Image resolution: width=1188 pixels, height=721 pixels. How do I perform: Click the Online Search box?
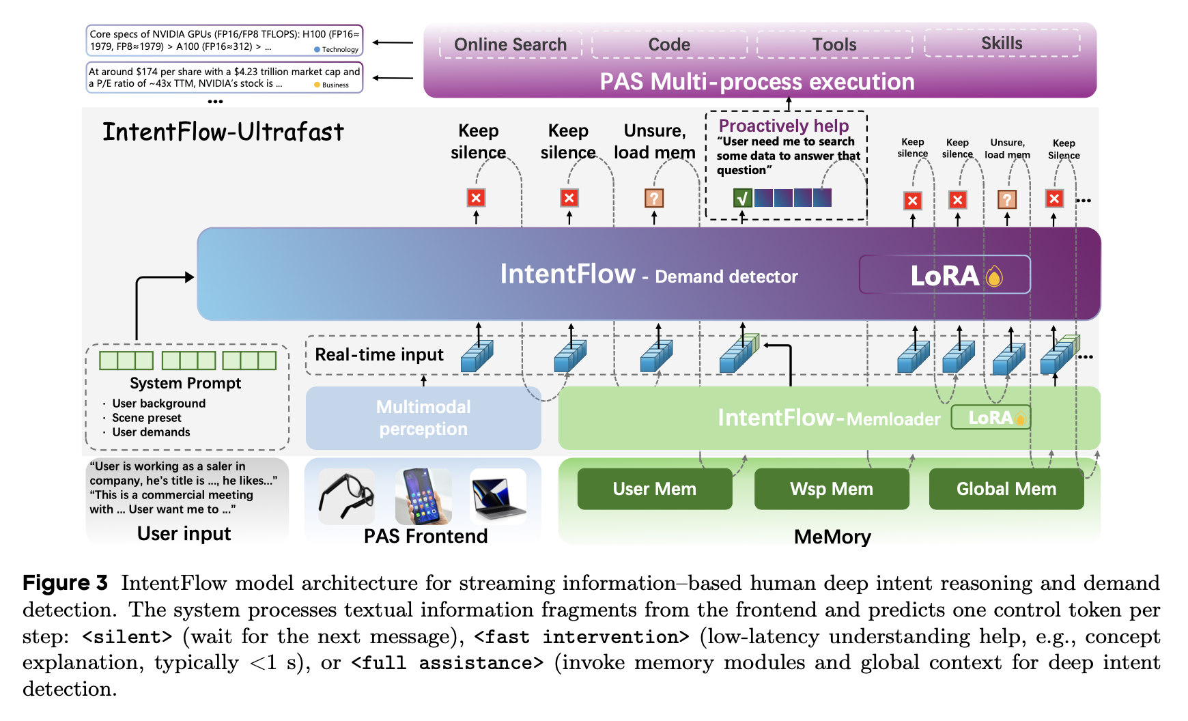[x=510, y=44]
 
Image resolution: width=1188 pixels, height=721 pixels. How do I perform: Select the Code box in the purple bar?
[x=669, y=44]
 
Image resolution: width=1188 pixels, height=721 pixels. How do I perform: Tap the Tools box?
[x=834, y=44]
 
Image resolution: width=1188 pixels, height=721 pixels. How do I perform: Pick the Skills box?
[x=1002, y=43]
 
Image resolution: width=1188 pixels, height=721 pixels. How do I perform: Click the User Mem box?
[x=654, y=489]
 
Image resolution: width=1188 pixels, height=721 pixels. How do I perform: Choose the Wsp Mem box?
[x=831, y=489]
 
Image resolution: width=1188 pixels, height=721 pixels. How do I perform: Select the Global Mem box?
[x=1006, y=489]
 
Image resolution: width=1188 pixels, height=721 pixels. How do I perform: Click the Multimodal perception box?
[x=423, y=418]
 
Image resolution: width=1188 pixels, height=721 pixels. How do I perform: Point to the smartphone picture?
[x=423, y=496]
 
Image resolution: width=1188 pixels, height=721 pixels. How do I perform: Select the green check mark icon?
[x=742, y=198]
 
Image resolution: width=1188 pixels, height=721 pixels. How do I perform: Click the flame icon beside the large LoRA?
[x=994, y=277]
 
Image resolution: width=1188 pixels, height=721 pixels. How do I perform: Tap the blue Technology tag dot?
[x=317, y=49]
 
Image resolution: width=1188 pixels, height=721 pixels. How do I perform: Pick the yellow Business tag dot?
[x=317, y=85]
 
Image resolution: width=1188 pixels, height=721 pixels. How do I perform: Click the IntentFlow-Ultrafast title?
[x=223, y=132]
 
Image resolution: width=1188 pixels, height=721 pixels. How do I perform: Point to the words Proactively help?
[x=783, y=126]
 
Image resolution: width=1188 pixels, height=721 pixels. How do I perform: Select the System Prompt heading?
[x=185, y=383]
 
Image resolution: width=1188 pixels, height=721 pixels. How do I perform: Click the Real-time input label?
[x=379, y=354]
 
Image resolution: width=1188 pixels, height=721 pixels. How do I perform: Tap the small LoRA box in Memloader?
[x=990, y=417]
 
